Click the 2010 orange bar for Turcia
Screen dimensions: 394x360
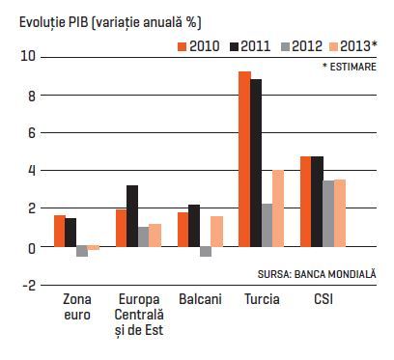244,159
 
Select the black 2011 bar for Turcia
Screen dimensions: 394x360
256,163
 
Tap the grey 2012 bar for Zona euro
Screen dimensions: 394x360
82,252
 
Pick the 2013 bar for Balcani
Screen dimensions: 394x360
216,232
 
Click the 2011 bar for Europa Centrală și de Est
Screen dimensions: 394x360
132,216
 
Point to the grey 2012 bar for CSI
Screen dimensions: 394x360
328,214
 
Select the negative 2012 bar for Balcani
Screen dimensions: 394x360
206,252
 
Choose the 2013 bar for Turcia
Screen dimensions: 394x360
278,208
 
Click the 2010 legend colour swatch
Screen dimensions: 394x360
183,46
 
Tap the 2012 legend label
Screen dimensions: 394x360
307,46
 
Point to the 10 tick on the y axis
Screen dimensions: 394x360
27,57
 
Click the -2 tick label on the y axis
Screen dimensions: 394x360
28,285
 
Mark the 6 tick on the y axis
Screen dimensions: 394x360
31,133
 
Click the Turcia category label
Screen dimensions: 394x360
262,299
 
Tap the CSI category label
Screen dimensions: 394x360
324,299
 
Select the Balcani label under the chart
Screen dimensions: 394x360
200,299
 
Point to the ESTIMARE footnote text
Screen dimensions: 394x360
352,67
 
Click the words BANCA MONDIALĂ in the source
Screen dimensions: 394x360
335,274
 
